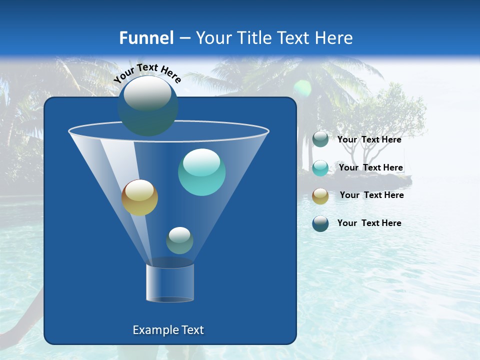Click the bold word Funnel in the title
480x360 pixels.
tap(146, 38)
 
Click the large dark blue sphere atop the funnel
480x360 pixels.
tap(148, 106)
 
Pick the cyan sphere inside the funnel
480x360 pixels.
tap(201, 172)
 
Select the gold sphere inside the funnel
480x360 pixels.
tap(139, 197)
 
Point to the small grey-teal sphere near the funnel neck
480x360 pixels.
tap(179, 240)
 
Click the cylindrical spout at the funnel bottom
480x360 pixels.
tap(170, 283)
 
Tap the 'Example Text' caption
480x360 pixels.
tap(168, 330)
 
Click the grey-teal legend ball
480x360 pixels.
tap(320, 139)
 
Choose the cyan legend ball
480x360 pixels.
tap(320, 168)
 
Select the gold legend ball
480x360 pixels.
tap(320, 195)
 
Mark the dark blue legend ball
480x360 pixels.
tap(320, 223)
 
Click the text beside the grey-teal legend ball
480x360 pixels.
tap(369, 140)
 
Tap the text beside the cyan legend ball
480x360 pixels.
tap(370, 168)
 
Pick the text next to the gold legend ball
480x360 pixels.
tap(371, 195)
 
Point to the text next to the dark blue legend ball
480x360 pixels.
tap(369, 223)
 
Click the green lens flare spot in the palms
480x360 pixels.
tap(302, 88)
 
